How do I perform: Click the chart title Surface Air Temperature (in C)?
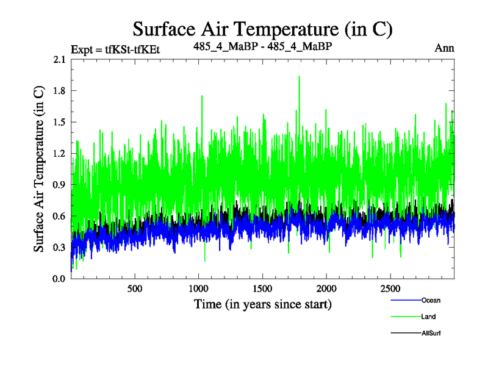click(x=262, y=29)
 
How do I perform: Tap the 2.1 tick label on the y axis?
click(x=60, y=59)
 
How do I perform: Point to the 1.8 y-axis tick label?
click(x=60, y=91)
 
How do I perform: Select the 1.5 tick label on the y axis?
click(x=60, y=122)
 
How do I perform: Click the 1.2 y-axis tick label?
click(x=60, y=154)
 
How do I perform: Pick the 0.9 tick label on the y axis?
click(x=60, y=185)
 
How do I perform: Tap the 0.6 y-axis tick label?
click(x=60, y=216)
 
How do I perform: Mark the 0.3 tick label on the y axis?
click(x=60, y=248)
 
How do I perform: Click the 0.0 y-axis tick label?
click(x=60, y=279)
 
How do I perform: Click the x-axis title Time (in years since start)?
click(x=262, y=304)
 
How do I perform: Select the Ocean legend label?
click(x=430, y=300)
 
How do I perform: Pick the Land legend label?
click(x=428, y=317)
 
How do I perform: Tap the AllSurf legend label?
click(x=431, y=333)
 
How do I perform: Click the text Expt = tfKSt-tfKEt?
click(x=115, y=49)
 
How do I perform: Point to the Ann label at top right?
click(x=444, y=48)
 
